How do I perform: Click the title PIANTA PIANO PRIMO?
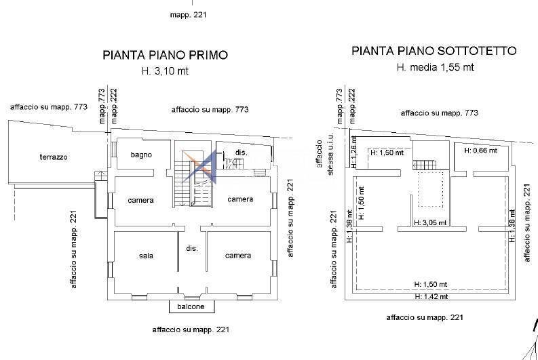coord(165,55)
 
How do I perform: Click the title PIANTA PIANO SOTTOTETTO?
coord(434,51)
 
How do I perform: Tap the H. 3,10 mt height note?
coord(165,71)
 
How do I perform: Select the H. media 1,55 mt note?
coord(435,67)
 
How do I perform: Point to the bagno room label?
coord(142,155)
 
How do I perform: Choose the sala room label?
coord(146,256)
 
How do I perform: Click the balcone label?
coord(191,307)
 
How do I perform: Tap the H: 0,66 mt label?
coord(480,151)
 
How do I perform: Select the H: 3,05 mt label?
coord(430,222)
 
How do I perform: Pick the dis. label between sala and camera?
coord(191,249)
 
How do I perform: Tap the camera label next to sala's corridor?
coord(238,256)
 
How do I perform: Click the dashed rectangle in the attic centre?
coord(430,188)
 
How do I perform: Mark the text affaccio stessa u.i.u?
coord(325,157)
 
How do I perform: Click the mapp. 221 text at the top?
coord(189,14)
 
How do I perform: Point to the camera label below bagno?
coord(140,200)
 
